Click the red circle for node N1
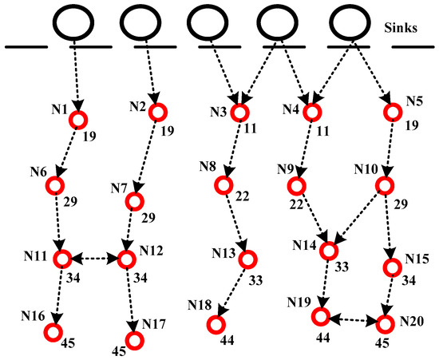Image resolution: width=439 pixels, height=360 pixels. [77, 119]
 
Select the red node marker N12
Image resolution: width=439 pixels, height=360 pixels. [126, 259]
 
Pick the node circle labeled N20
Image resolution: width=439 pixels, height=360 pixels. [385, 323]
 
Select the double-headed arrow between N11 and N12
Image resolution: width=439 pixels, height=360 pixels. [94, 259]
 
